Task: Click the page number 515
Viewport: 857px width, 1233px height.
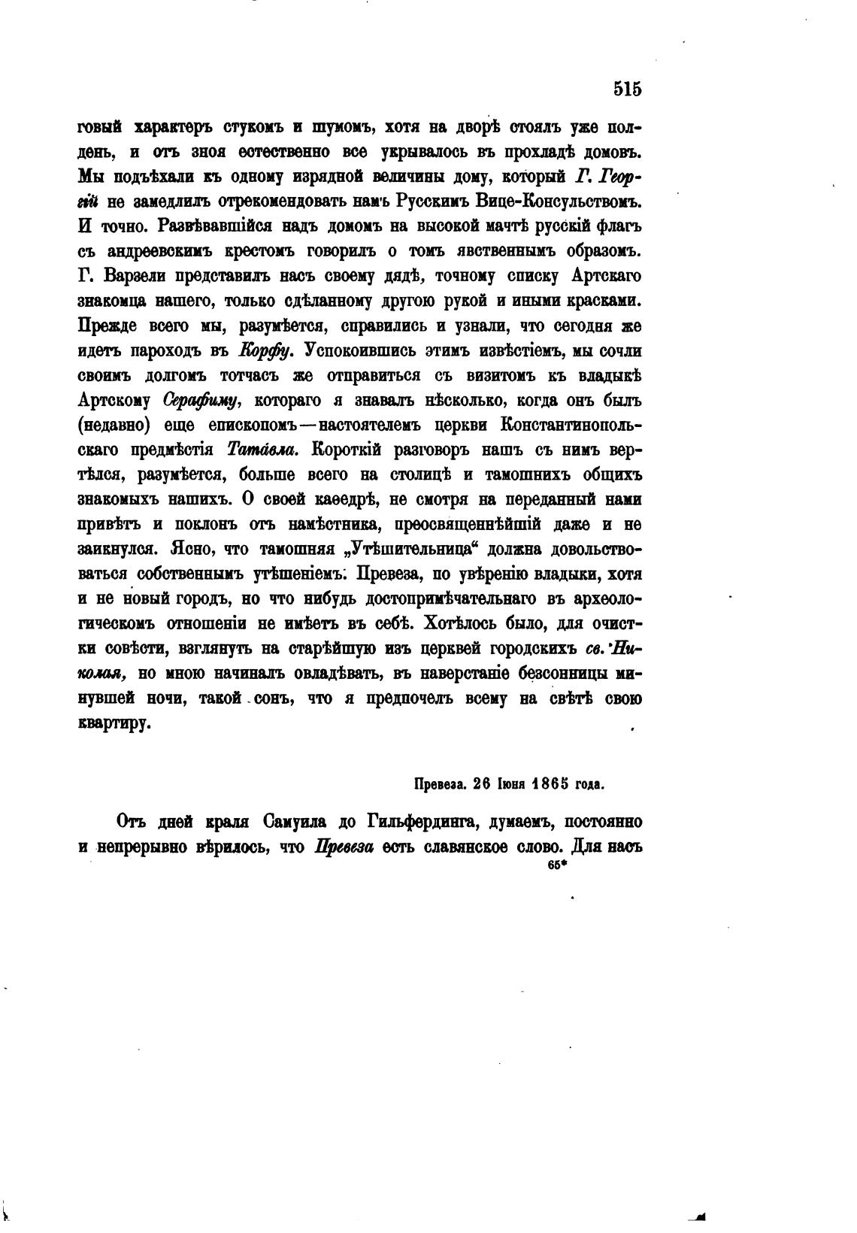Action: tap(626, 89)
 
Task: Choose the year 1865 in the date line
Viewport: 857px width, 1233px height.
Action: tap(550, 784)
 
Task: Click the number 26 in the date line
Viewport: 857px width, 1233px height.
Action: tap(481, 784)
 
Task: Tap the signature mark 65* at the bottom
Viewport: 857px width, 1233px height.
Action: tap(556, 865)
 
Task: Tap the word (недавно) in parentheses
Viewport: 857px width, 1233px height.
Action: tap(114, 426)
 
